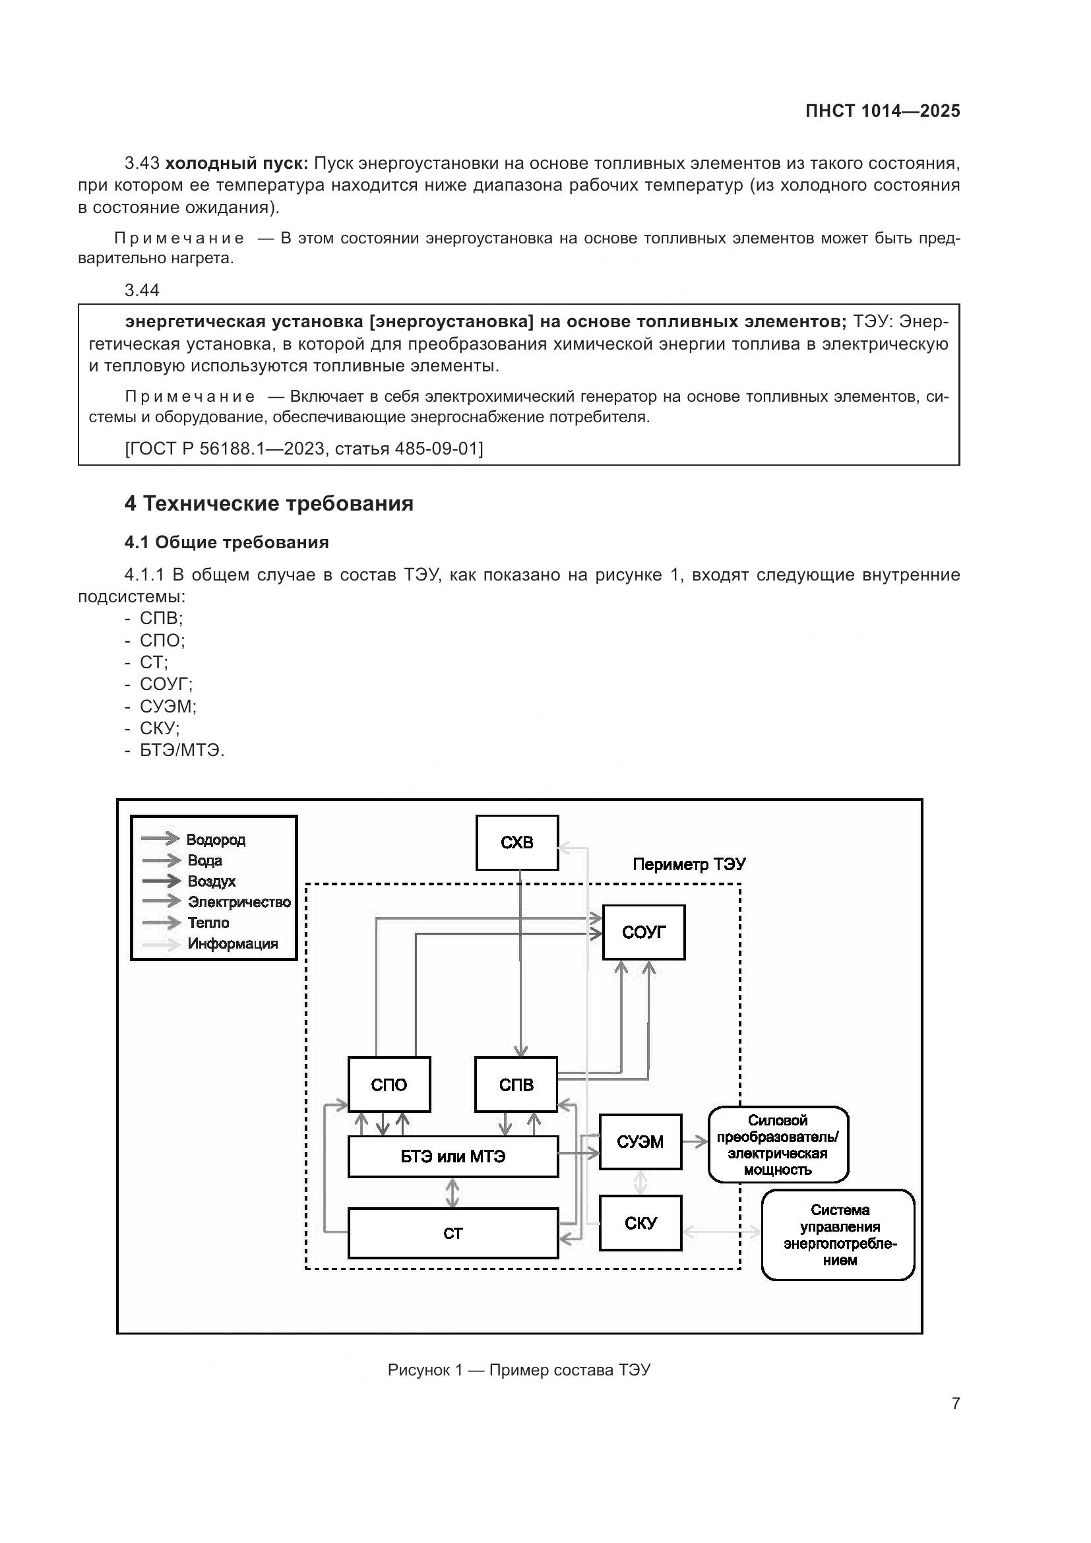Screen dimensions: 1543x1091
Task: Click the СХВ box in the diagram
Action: coord(516,842)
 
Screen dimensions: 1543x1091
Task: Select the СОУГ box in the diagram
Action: coord(643,931)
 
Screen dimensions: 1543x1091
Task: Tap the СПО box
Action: coord(389,1084)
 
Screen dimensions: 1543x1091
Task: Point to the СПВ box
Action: coord(515,1084)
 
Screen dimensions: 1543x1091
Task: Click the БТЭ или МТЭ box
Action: coord(452,1156)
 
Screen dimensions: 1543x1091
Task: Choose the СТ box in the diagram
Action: coord(452,1232)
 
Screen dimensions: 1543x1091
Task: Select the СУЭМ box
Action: coord(640,1141)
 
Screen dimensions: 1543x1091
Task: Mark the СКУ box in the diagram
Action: coord(640,1222)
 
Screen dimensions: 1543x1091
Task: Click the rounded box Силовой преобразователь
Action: coord(778,1145)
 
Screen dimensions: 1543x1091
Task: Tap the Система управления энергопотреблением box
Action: coord(838,1234)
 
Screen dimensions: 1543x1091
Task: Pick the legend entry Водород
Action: coord(215,839)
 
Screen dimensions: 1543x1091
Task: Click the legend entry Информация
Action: coord(232,943)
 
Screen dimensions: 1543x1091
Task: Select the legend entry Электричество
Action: coord(239,902)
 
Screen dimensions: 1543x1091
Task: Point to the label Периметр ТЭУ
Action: coord(689,864)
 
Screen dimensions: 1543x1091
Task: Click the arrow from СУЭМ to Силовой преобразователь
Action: coord(695,1141)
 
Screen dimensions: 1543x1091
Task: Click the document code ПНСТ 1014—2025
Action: coord(882,111)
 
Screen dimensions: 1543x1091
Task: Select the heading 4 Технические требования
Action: coord(268,503)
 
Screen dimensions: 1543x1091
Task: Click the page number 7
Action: coord(955,1403)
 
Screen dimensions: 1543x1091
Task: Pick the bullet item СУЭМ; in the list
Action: coord(168,707)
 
